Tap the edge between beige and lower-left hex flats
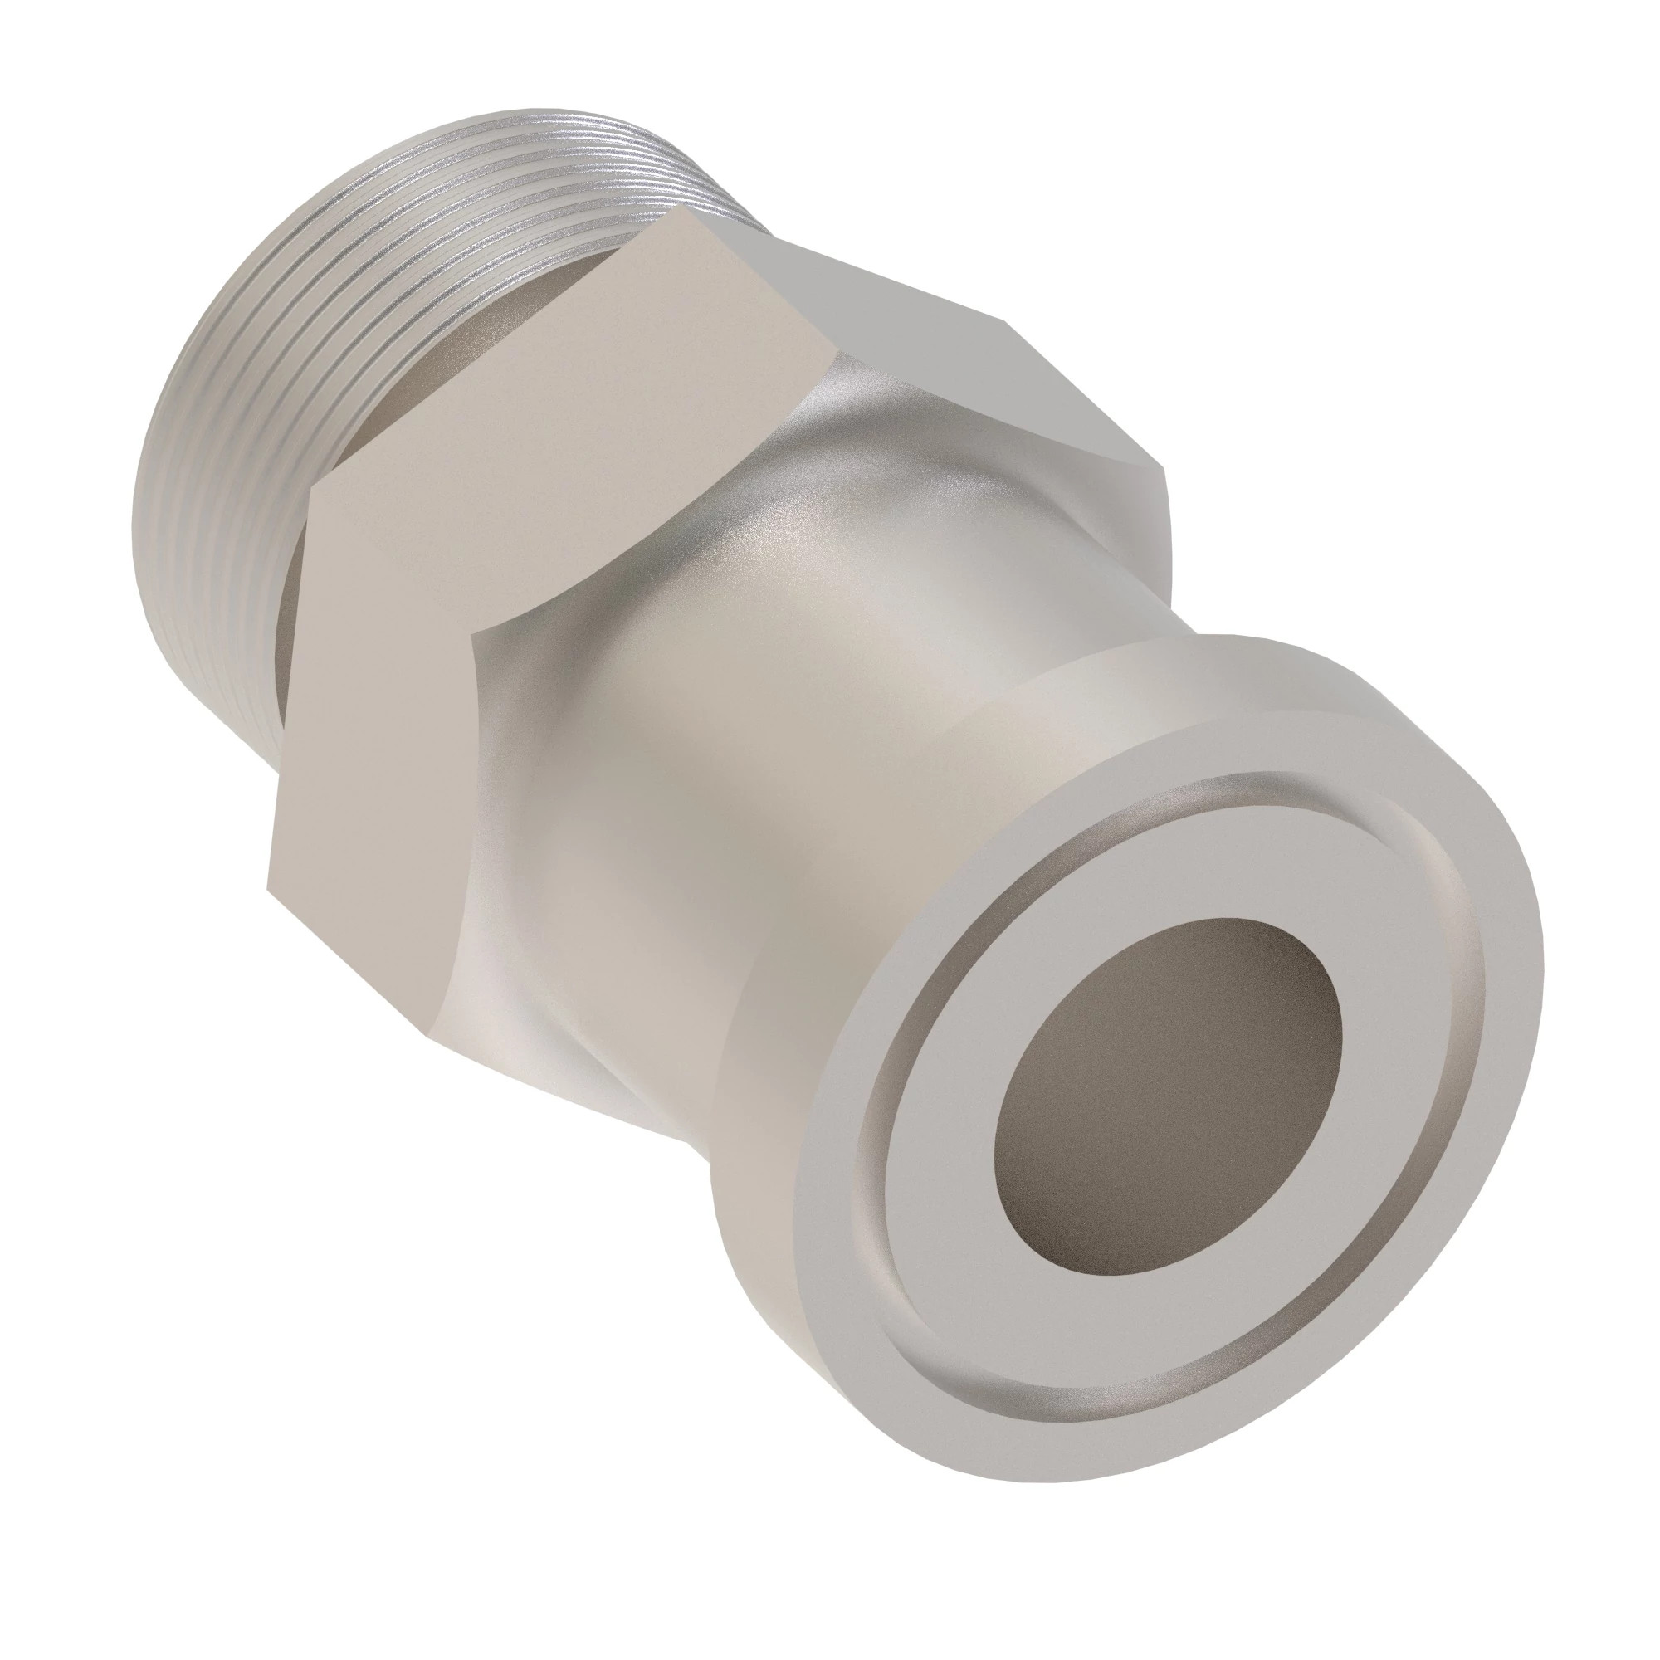click(x=387, y=559)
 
